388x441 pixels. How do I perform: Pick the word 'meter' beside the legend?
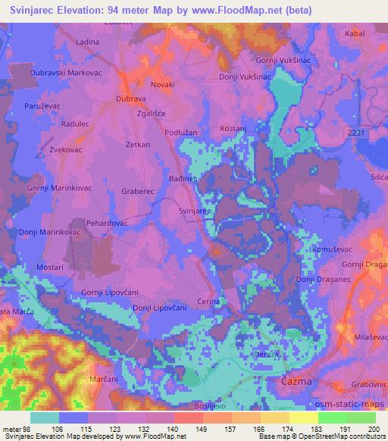click(x=11, y=428)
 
